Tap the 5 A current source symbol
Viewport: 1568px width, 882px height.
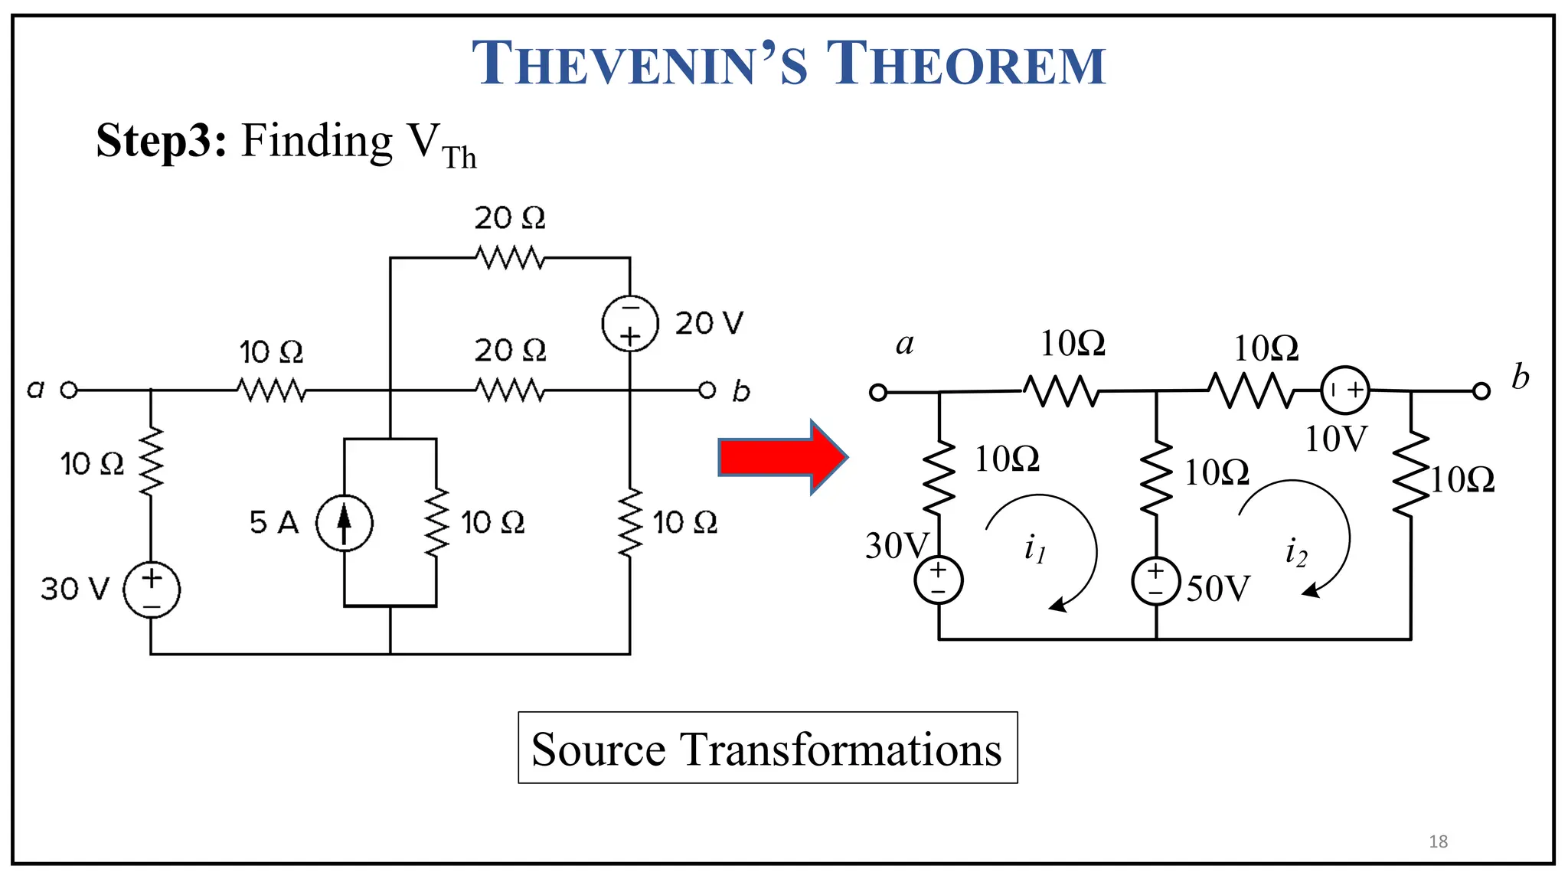(345, 523)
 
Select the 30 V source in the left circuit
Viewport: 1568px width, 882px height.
(152, 590)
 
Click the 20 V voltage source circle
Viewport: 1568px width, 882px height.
(630, 323)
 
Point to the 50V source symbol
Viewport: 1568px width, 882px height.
(1155, 581)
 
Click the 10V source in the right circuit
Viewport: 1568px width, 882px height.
(1345, 390)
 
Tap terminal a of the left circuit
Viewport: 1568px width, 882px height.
(69, 390)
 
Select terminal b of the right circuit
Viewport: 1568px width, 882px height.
(1481, 391)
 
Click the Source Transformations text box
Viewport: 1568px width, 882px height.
(767, 748)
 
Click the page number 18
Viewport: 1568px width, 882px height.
(1438, 841)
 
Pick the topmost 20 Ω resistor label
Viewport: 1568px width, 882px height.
(510, 218)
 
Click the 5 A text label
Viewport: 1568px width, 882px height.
(273, 523)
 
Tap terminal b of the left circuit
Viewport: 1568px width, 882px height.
(707, 390)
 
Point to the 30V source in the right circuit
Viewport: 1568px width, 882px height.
(939, 580)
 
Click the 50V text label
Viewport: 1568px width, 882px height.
(1218, 589)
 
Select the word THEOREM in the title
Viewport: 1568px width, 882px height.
(966, 64)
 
